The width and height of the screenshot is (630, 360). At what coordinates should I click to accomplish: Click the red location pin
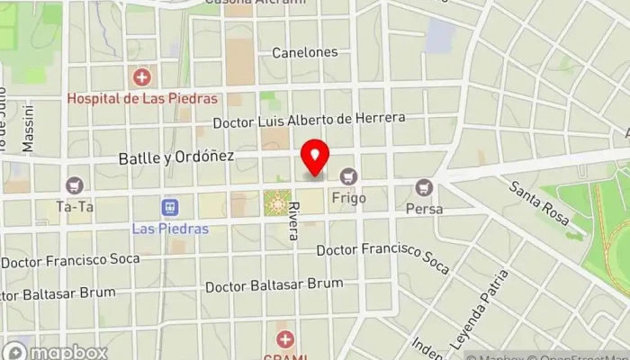(315, 158)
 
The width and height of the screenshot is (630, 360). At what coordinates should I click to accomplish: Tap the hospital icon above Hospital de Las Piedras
(141, 78)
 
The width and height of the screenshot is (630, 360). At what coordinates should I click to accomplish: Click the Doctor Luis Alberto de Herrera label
(310, 119)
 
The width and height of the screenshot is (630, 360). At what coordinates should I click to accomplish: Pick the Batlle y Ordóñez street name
(176, 157)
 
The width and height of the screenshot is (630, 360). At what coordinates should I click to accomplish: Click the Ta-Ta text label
(75, 206)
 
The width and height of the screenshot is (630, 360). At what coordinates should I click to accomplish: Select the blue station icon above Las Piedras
(168, 208)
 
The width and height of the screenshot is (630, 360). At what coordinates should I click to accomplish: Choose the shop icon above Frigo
(348, 175)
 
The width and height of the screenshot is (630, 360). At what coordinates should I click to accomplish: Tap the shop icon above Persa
(424, 188)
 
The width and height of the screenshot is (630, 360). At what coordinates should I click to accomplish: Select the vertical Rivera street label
(293, 220)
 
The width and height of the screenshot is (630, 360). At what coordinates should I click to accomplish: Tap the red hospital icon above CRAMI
(285, 339)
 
